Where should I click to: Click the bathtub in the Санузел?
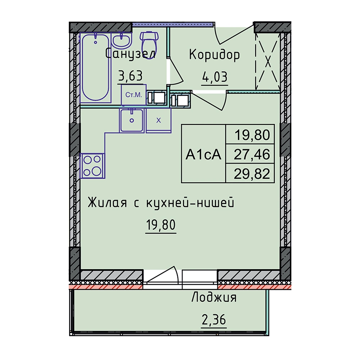95,68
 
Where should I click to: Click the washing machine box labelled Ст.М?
134,95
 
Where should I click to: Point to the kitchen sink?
131,120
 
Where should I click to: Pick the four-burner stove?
92,166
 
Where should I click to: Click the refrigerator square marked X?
159,120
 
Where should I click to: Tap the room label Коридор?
215,55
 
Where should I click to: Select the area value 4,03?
215,77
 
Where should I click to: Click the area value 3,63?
130,76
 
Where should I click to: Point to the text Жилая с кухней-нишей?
161,203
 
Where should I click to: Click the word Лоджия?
214,298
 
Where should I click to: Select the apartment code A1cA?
203,154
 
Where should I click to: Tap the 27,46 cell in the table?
252,154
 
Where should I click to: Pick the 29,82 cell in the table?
252,174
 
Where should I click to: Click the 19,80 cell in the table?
252,135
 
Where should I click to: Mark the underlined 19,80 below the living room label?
161,225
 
